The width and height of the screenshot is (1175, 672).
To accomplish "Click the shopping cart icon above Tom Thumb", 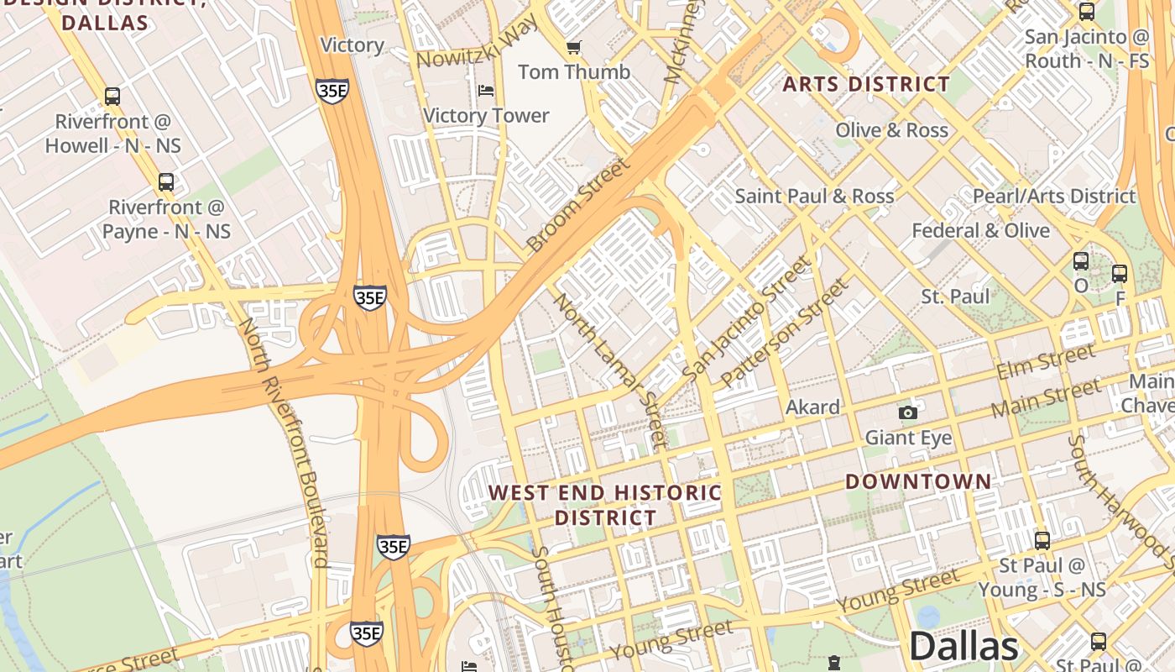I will coord(574,48).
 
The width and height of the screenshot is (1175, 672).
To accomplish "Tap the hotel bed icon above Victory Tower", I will coord(486,91).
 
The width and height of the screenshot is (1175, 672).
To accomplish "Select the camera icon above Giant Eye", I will coord(907,412).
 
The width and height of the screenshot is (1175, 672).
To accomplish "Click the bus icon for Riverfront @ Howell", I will coord(112,97).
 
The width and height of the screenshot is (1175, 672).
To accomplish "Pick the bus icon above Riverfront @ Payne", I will coord(166,182).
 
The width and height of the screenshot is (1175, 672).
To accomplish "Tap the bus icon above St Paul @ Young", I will coord(1042,541).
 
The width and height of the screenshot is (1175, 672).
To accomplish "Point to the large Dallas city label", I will coord(963,647).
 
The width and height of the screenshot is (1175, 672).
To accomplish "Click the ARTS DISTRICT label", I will coord(866,84).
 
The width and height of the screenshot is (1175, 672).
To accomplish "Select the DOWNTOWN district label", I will coord(918,481).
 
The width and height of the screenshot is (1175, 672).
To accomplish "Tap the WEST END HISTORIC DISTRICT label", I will coord(605,505).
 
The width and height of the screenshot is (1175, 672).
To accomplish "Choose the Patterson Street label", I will coord(784,333).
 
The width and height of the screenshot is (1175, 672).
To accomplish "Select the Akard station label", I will coord(812,407).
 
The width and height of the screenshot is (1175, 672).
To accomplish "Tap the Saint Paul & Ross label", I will coord(814,196).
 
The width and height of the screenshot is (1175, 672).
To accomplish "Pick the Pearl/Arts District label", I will coord(1053,196).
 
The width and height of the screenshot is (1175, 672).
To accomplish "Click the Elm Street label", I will coord(1045,362).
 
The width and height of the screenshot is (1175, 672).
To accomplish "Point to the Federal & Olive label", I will coord(980,230).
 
